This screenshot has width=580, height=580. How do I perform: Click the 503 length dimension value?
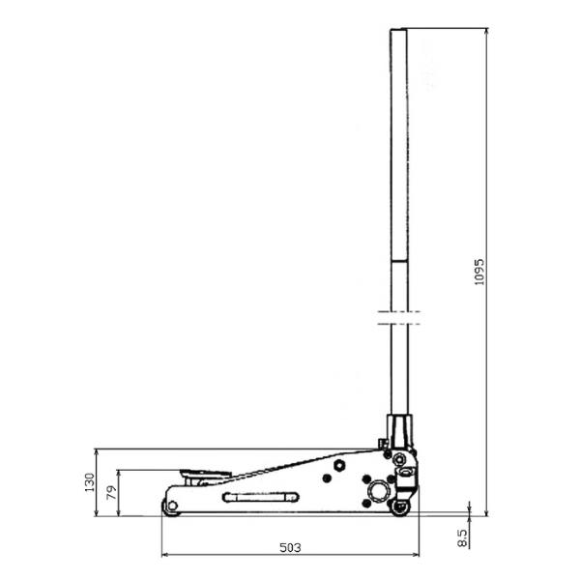pyautogui.click(x=290, y=547)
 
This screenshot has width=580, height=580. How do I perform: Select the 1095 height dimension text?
pyautogui.click(x=479, y=272)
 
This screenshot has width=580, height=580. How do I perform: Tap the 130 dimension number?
pyautogui.click(x=90, y=482)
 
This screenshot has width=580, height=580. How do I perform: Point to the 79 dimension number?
pyautogui.click(x=111, y=492)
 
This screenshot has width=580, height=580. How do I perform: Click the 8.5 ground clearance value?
pyautogui.click(x=462, y=537)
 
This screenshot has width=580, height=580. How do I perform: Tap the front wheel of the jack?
pyautogui.click(x=171, y=506)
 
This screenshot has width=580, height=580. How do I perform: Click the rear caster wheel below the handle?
pyautogui.click(x=400, y=507)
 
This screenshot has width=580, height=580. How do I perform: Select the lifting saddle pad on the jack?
pyautogui.click(x=206, y=473)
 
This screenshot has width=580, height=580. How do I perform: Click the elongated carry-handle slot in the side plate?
pyautogui.click(x=261, y=497)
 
